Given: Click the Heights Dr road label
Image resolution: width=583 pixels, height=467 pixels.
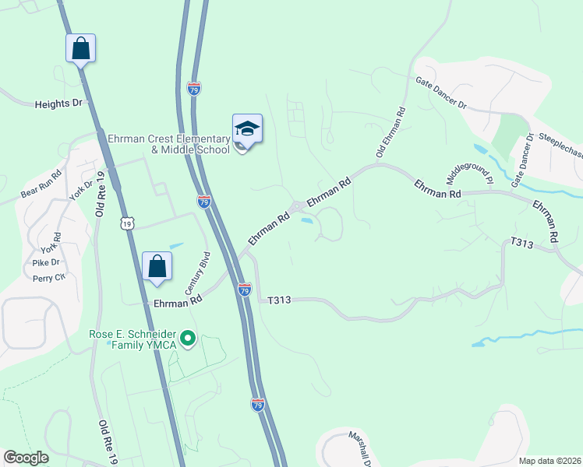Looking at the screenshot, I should point(58,104).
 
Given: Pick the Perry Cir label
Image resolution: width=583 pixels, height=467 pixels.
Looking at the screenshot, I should point(48,277).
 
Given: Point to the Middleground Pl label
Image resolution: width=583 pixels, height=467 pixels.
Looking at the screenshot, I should point(469,172).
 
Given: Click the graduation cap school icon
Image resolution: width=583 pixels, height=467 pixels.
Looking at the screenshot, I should point(247,128).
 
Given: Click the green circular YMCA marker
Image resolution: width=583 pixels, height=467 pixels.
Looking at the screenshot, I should point(187,339).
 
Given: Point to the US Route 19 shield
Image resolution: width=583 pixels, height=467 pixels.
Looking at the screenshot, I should point(128,223).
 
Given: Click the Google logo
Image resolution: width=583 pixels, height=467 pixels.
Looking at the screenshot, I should point(26,457).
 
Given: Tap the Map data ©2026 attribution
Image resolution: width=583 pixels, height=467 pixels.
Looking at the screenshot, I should point(549,461).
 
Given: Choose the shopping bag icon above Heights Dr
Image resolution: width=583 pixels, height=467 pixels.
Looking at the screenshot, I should point(81,48).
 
